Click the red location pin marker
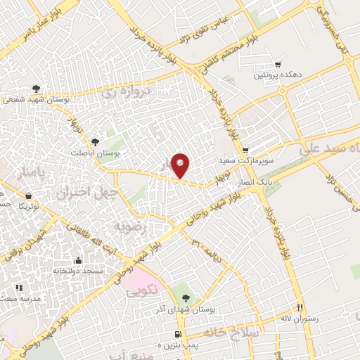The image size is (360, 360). point(181,165)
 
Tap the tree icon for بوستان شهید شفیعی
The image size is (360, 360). point(36,89)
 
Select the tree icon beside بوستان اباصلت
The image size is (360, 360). point(96,142)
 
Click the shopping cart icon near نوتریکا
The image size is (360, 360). point(27,195)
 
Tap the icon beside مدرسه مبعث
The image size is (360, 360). point(19,287)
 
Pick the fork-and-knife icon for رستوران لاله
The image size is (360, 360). point(300,307)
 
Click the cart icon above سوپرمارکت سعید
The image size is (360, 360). point(245,150)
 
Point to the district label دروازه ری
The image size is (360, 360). point(117,92)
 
